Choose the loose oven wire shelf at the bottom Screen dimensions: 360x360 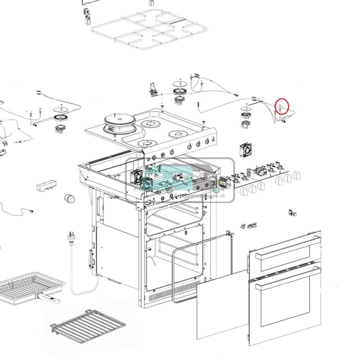pos(88,325)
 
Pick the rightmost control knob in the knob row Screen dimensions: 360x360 pos(296,175)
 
